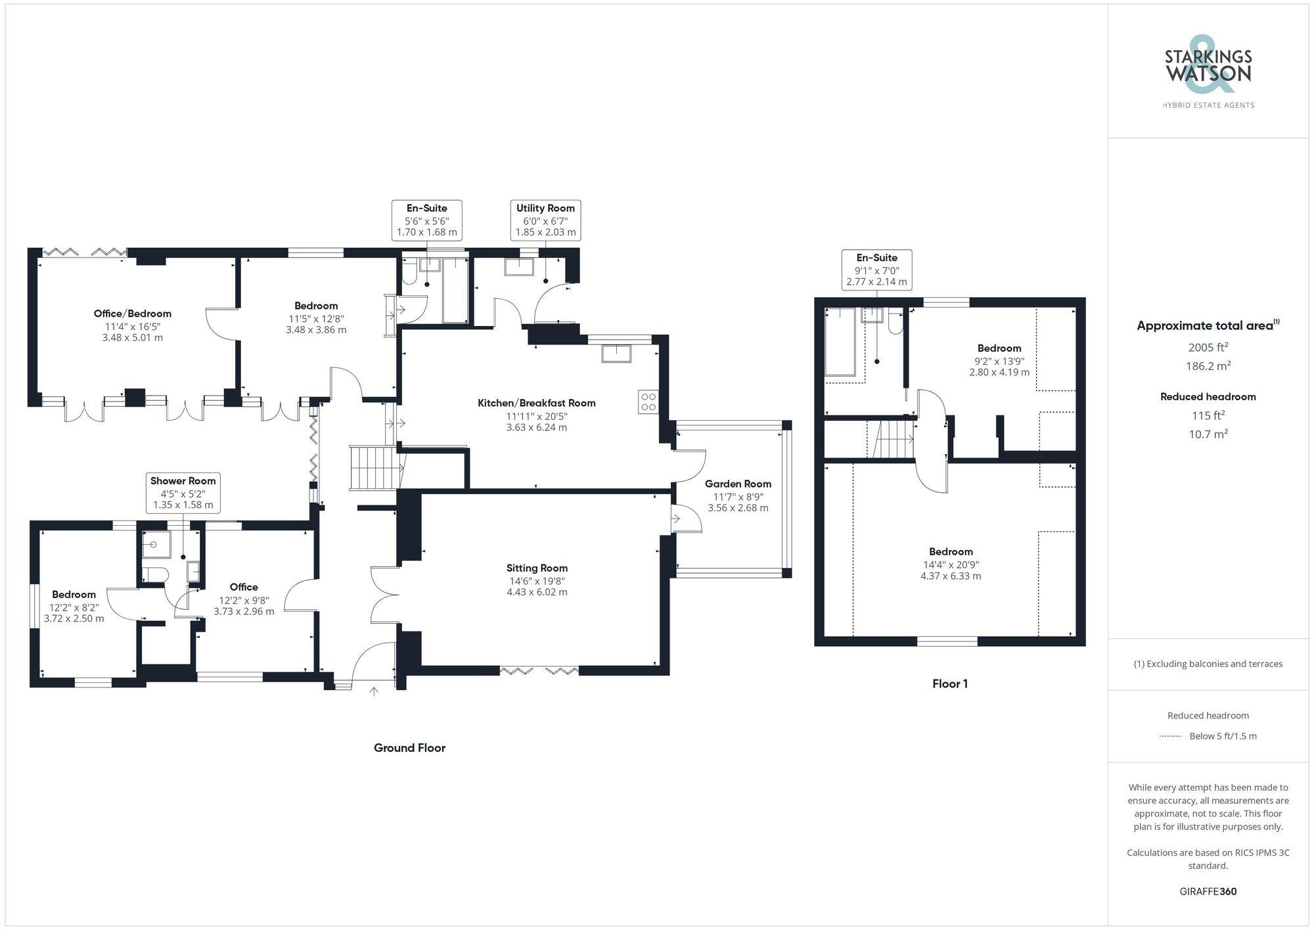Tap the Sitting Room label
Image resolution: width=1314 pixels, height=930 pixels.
pos(537,568)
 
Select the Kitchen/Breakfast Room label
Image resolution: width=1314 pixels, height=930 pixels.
pos(536,403)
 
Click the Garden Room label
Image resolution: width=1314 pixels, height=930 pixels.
pos(738,484)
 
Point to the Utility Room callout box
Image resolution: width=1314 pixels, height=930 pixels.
pos(545,220)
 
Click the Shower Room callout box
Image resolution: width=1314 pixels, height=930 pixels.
pos(183,492)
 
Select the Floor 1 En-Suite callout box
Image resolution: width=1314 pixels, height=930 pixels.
pos(876,269)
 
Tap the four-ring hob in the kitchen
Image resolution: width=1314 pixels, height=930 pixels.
pos(648,402)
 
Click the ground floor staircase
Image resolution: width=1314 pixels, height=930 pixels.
pos(374,467)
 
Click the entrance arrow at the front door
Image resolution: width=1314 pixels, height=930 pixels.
pos(374,691)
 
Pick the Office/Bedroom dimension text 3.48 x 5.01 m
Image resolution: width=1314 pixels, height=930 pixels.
pos(132,337)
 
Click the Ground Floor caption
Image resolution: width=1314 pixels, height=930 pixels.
pos(409,748)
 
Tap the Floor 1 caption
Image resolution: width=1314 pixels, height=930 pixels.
pos(949,684)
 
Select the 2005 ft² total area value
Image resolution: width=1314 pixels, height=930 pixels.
pos(1208,347)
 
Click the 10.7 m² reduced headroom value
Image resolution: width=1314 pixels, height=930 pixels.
pos(1208,434)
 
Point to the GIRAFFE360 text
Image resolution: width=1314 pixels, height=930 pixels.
pos(1208,891)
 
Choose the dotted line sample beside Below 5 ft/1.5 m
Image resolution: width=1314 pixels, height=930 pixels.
pos(1171,736)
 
